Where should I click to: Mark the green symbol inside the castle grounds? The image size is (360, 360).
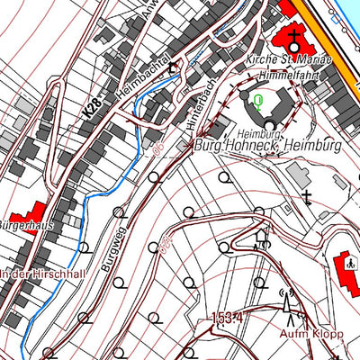coord(258,101)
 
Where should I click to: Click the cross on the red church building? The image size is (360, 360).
coord(294,35)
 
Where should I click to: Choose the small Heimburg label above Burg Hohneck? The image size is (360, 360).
coord(245,132)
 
